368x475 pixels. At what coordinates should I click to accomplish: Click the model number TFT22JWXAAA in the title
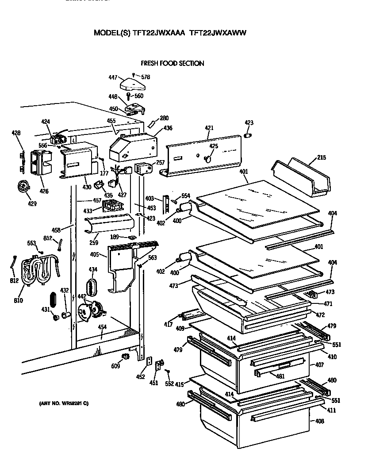click(156, 33)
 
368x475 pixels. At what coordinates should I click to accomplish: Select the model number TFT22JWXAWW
click(217, 33)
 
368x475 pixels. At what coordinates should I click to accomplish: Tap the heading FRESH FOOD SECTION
click(172, 63)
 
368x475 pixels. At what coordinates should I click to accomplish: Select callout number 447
click(113, 77)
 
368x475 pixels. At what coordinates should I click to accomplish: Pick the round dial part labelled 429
click(22, 188)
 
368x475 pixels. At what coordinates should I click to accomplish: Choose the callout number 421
click(209, 128)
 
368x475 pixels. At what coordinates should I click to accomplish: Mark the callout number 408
click(319, 421)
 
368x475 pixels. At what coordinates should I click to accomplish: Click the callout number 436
click(168, 128)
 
